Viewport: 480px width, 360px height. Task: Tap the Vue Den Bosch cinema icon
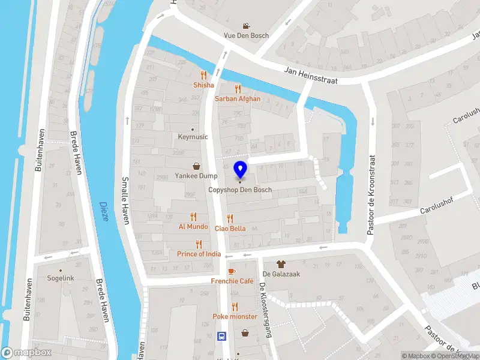[246, 26]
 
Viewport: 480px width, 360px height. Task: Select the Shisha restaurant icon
[203, 76]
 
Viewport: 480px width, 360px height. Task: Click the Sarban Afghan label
[238, 99]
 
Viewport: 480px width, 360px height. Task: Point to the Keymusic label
[193, 137]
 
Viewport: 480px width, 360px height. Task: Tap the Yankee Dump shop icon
[196, 166]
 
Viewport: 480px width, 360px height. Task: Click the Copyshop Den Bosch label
[240, 190]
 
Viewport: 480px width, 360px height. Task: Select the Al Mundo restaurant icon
[193, 217]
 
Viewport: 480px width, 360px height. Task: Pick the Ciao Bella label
[230, 228]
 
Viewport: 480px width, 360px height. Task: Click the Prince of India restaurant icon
[199, 244]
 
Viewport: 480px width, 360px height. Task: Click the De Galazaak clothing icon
[280, 264]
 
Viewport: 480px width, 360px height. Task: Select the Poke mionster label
[235, 316]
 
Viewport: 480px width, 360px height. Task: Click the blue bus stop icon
[221, 336]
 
